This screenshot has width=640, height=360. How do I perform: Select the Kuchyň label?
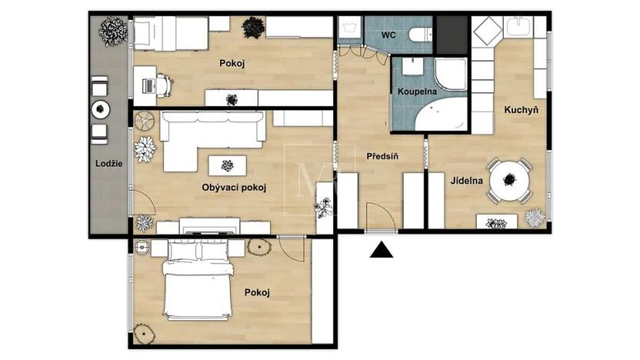click(521, 110)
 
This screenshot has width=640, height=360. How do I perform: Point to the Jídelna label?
click(467, 182)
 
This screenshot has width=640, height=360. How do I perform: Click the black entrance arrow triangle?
click(382, 249)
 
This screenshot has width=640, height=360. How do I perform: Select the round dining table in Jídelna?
click(508, 179)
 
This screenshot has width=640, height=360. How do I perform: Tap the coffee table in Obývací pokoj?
click(228, 165)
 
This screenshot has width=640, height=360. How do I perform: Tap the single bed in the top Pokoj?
click(169, 33)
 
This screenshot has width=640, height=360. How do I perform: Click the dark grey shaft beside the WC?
click(452, 35)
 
